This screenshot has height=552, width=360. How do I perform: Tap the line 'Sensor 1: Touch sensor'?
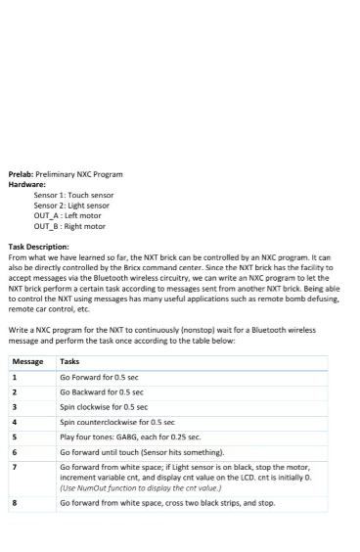(73, 195)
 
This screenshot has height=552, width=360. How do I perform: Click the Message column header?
(27, 361)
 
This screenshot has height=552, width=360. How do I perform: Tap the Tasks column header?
(70, 361)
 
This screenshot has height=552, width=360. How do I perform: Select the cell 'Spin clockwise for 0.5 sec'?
(104, 406)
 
